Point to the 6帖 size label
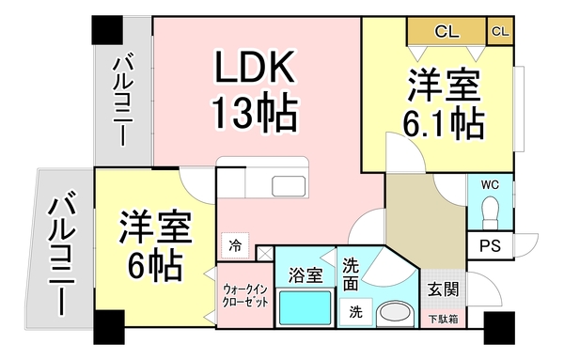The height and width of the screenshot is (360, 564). point(156,264)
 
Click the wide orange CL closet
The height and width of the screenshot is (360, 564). point(446,31)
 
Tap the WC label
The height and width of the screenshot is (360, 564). point(491,183)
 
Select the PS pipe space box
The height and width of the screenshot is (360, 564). point(489,247)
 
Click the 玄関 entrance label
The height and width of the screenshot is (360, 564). point(442,289)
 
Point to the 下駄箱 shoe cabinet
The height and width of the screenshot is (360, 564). point(442,320)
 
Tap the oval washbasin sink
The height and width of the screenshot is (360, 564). point(394,314)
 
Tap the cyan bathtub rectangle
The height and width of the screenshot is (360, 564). point(305,306)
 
